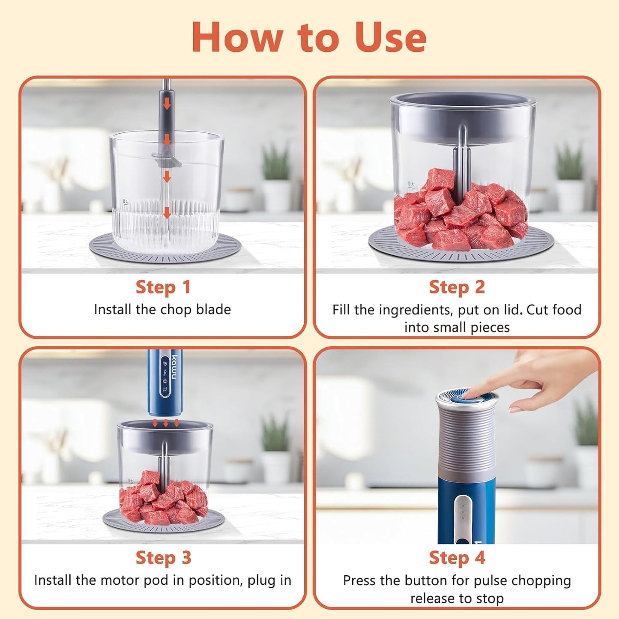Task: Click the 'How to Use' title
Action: tap(309, 38)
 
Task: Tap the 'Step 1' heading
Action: tap(163, 287)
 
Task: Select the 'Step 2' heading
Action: tap(457, 287)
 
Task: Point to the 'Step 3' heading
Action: tap(163, 558)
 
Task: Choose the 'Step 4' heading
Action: tap(457, 558)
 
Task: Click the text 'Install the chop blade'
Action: tap(162, 309)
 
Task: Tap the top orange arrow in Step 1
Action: tap(167, 103)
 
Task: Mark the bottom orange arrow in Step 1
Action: tap(167, 212)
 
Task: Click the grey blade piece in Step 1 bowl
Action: tap(166, 159)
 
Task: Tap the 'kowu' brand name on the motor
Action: tap(174, 367)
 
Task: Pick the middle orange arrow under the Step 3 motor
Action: tap(166, 423)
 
